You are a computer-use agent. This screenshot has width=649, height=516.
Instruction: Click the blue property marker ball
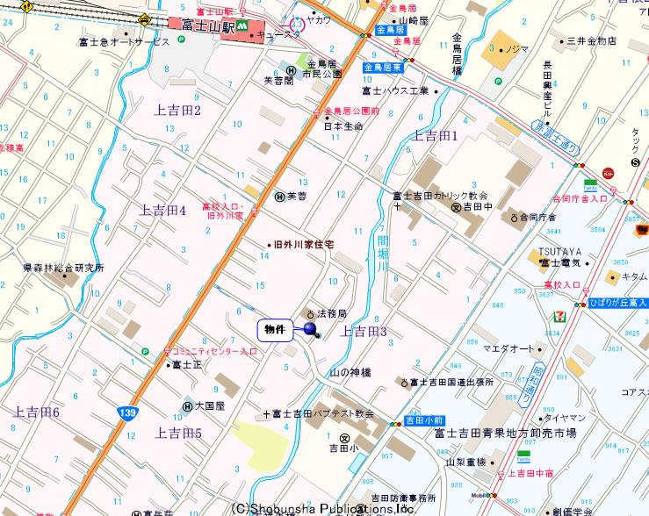tap(309, 329)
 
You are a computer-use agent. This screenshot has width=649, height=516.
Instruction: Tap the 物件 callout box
tap(275, 330)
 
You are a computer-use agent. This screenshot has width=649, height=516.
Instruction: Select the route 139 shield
tap(127, 412)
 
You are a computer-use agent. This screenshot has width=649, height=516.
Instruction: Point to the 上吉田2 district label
tap(177, 110)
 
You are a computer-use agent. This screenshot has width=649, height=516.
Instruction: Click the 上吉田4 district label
tap(162, 211)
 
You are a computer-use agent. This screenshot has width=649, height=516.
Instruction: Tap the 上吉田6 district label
tap(36, 412)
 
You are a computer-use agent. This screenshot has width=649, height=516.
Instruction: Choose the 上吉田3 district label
tap(364, 331)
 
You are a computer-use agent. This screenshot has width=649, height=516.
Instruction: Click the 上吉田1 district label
tap(436, 135)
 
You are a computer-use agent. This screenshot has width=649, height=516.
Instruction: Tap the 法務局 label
tap(331, 313)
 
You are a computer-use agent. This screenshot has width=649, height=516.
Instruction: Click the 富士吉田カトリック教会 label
tap(440, 196)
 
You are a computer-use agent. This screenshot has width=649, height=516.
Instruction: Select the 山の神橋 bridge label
tap(350, 372)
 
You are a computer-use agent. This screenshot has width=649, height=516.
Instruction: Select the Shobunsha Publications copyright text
tap(322, 507)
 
